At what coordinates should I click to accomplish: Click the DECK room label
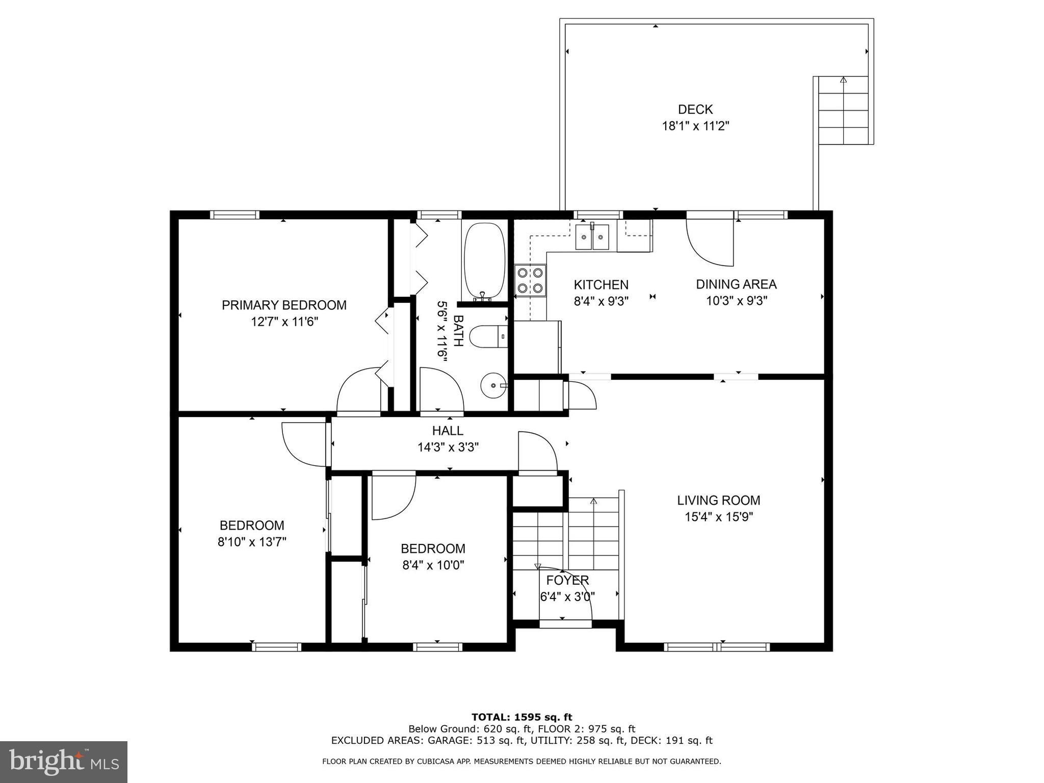click(695, 109)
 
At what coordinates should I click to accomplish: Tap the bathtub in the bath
click(484, 262)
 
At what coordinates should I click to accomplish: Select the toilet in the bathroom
click(488, 336)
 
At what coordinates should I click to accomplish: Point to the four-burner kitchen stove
click(530, 280)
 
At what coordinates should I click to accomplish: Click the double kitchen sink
click(592, 237)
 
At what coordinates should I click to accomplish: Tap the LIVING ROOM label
click(718, 500)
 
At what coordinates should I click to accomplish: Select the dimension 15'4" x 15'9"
click(718, 517)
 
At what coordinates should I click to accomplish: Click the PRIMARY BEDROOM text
click(284, 305)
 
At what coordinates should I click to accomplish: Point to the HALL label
click(448, 430)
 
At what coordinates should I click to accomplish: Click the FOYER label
click(567, 580)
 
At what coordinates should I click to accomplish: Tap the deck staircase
click(843, 110)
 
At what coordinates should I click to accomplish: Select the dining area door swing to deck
click(710, 242)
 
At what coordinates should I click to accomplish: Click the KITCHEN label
click(601, 284)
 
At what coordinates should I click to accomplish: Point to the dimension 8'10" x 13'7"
click(252, 541)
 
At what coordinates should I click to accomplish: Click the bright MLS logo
click(63, 762)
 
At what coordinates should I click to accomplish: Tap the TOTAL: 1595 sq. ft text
click(521, 717)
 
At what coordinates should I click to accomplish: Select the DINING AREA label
click(736, 284)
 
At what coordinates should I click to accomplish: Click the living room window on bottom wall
click(716, 647)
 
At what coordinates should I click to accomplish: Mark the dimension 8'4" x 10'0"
click(433, 565)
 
